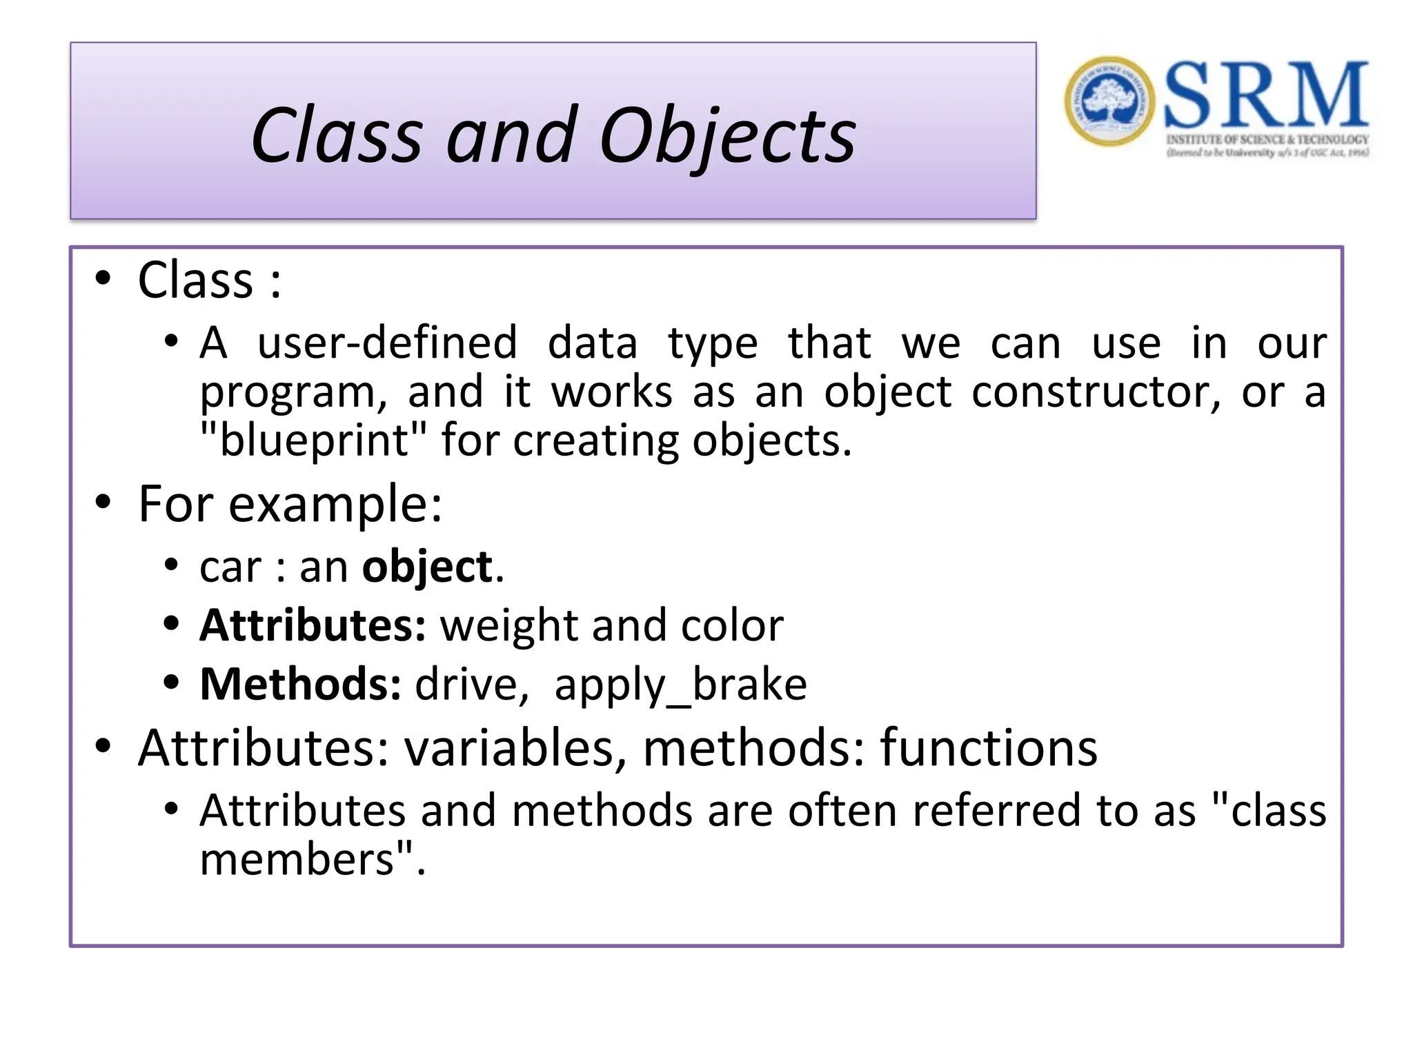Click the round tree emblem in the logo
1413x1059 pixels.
[1109, 101]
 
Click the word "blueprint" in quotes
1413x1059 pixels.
[313, 441]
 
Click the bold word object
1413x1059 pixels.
[428, 567]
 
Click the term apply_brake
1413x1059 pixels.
[680, 685]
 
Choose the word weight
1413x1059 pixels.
[508, 626]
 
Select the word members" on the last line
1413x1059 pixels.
[307, 860]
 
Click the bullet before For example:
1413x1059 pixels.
[103, 503]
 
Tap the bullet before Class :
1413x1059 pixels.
[103, 279]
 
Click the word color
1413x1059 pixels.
[732, 626]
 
